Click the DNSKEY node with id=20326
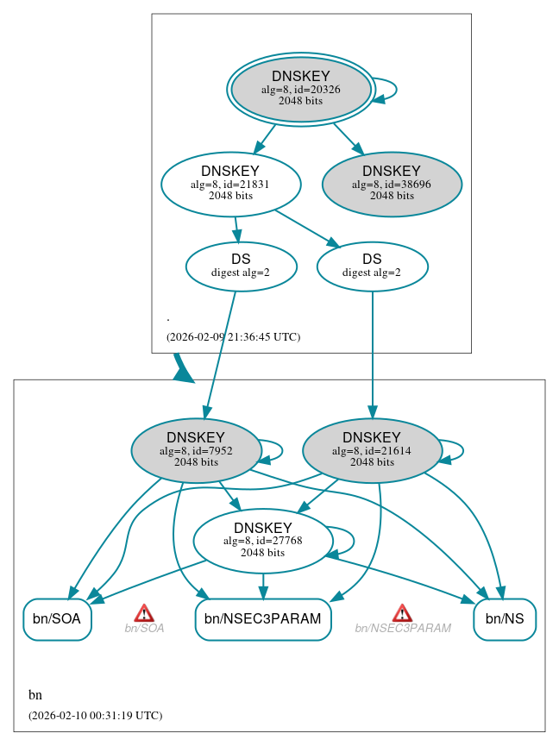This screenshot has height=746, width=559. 300,89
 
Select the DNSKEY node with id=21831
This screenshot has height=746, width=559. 230,184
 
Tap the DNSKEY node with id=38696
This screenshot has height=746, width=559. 392,185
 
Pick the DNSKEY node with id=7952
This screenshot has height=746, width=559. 196,450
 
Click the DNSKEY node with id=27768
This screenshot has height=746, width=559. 263,541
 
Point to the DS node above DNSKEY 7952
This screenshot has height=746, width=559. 241,266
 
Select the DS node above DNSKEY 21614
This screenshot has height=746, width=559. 372,266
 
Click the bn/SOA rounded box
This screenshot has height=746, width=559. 57,619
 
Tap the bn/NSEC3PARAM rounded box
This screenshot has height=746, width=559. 263,619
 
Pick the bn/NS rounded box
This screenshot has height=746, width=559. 505,619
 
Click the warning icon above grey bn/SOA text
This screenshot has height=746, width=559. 144,612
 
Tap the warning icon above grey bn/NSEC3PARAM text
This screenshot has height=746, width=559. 402,612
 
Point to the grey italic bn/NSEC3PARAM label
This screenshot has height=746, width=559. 403,629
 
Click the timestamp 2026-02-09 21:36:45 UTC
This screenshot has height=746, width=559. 233,337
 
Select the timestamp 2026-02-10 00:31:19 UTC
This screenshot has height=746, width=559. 95,716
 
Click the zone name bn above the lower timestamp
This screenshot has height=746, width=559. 35,695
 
